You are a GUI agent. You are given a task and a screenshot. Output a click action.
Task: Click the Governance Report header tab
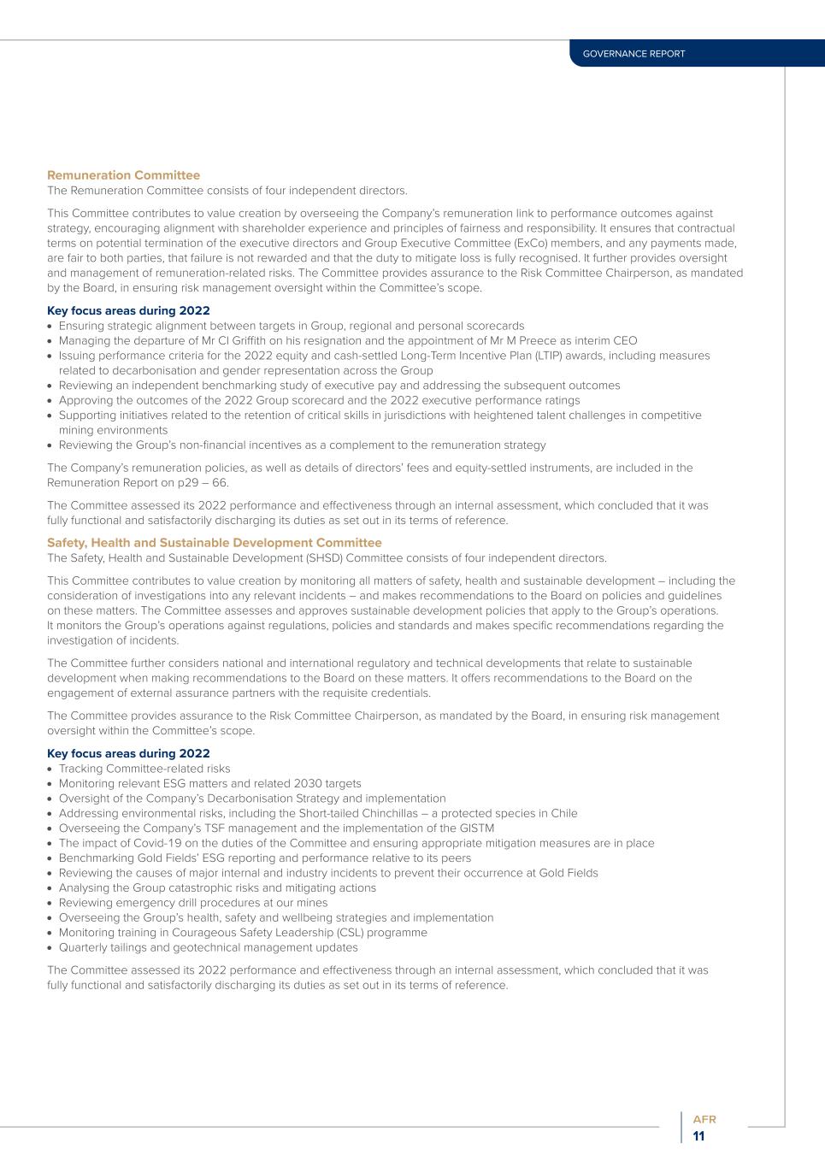[633, 54]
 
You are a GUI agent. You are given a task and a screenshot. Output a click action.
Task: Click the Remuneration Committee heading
[123, 175]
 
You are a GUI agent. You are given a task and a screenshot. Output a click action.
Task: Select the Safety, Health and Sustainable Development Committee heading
[214, 543]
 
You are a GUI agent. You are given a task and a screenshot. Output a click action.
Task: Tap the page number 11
[699, 1136]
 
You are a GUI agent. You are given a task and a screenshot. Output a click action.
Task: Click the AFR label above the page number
[704, 1119]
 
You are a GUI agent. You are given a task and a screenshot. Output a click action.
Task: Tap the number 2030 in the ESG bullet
[309, 783]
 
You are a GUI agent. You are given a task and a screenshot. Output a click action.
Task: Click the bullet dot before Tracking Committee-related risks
[50, 769]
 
